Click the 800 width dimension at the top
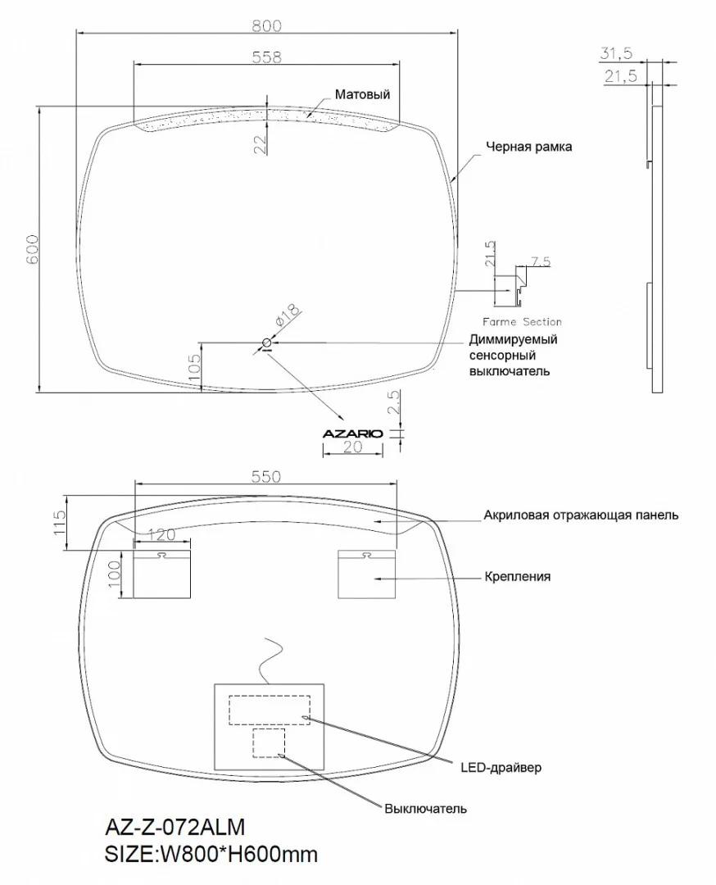click(266, 26)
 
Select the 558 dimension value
click(266, 57)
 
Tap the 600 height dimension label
click(32, 249)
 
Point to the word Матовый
click(362, 94)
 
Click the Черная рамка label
click(528, 147)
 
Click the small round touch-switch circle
click(267, 343)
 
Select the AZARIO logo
click(352, 433)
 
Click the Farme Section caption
click(522, 322)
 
